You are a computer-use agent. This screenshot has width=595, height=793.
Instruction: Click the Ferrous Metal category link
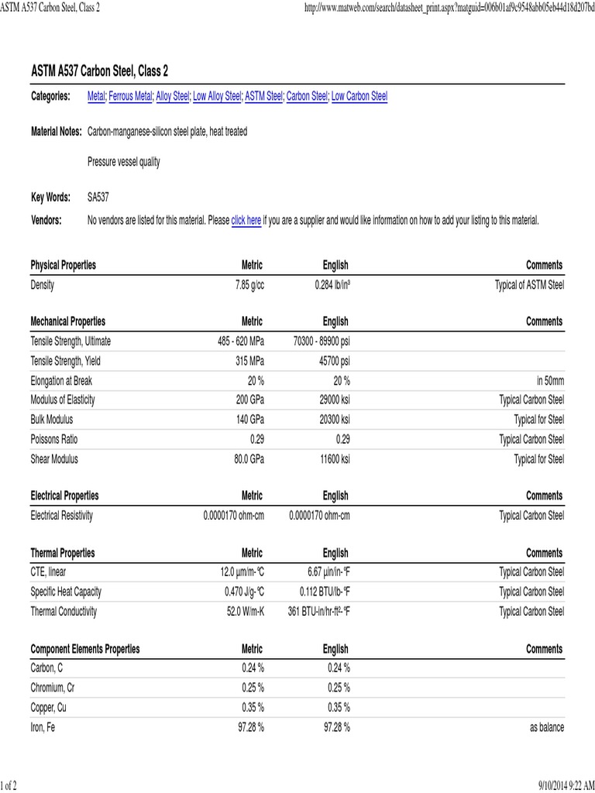[x=130, y=96]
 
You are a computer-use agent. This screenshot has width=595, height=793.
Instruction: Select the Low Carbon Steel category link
[x=359, y=96]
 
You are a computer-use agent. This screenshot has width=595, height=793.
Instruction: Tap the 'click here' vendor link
[x=246, y=220]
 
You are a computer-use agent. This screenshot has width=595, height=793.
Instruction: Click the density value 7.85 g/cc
[x=249, y=285]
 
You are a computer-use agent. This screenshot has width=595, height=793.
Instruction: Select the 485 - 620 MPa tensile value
[x=241, y=341]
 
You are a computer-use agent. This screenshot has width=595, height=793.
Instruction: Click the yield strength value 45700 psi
[x=335, y=361]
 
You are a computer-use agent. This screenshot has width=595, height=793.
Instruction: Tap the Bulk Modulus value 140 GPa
[x=249, y=420]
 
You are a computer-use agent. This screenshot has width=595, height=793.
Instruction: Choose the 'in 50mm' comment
[x=550, y=380]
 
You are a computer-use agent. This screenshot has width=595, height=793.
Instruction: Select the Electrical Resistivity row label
[x=62, y=515]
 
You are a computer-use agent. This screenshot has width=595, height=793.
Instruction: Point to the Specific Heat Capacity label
[x=66, y=592]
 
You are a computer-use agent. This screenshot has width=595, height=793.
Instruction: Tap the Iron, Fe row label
[x=43, y=727]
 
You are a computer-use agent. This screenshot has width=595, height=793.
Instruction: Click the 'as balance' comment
[x=546, y=727]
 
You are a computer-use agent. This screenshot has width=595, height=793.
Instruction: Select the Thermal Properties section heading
[x=63, y=553]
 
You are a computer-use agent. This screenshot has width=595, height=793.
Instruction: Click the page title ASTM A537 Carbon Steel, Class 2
[x=99, y=71]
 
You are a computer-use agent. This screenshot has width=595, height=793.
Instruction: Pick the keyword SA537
[x=98, y=197]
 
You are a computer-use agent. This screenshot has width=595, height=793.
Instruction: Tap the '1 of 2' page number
[x=9, y=785]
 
